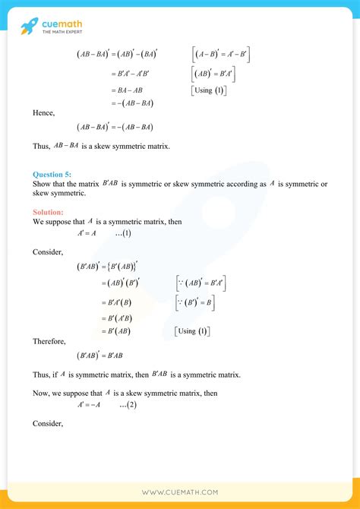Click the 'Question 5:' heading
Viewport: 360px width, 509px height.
tap(54, 174)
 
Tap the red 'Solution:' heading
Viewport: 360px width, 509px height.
tap(49, 212)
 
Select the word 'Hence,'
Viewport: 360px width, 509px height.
tap(43, 112)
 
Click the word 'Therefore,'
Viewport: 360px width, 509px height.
tap(49, 342)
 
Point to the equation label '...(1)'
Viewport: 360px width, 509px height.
tap(123, 234)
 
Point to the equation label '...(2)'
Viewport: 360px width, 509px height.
tap(128, 405)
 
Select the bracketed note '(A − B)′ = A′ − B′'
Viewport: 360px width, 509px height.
tap(221, 55)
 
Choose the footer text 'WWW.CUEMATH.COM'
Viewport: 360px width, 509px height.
tap(179, 492)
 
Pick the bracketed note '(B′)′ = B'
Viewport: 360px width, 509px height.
tap(194, 302)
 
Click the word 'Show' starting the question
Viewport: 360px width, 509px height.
tap(41, 185)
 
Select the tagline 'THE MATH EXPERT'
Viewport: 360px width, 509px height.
tap(63, 33)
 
